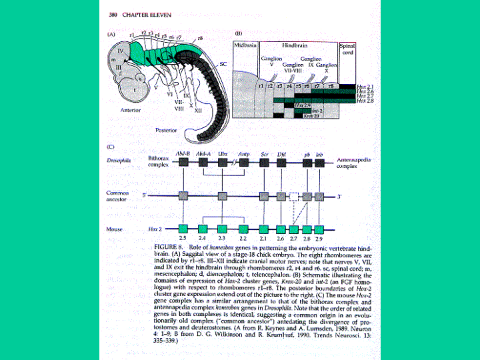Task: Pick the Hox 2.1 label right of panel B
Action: click(x=366, y=87)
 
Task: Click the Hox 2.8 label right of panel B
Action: click(x=366, y=101)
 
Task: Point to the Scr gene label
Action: click(x=264, y=153)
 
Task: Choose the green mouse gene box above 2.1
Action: click(x=264, y=229)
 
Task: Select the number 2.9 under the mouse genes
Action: click(x=319, y=238)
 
